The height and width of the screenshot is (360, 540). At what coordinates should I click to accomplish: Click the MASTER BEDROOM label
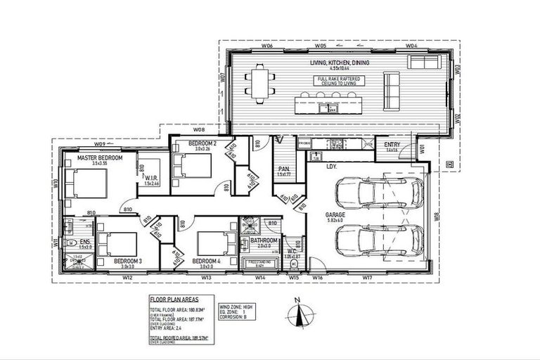(100, 159)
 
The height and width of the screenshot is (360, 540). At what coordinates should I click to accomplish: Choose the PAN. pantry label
(284, 169)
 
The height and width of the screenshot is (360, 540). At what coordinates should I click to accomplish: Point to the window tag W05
(320, 45)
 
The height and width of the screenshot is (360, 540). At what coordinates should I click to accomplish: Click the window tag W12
(127, 278)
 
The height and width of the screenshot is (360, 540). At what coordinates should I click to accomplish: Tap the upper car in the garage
(380, 194)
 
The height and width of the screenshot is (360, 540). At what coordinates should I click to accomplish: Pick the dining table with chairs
(261, 84)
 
